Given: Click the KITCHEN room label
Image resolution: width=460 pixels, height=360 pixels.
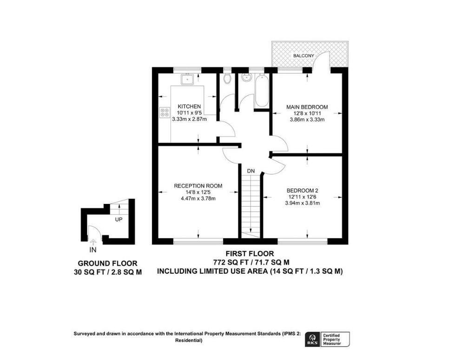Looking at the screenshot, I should tap(189, 106).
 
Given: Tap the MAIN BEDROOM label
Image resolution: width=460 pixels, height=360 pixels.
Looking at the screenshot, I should tap(307, 107).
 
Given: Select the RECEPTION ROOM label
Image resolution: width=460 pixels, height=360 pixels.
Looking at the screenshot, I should tap(198, 186).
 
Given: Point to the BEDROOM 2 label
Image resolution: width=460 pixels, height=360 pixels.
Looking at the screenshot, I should tap(302, 190).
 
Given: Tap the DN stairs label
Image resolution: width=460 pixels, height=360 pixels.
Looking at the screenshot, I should tap(251, 171).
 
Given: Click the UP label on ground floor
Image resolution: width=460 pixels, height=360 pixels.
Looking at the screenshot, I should tap(119, 219).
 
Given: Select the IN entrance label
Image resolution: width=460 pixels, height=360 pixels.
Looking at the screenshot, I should tap(93, 250).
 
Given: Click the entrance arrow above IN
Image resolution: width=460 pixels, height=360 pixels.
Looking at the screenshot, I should tap(93, 242).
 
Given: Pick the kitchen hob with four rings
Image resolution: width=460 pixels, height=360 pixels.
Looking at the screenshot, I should tap(164, 112).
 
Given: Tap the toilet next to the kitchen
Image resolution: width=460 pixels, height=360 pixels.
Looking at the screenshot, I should tap(227, 79).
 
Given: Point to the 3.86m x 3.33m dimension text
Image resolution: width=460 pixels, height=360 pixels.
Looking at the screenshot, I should tap(307, 119).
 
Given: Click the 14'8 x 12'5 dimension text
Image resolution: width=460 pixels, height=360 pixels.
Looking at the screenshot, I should tap(198, 192).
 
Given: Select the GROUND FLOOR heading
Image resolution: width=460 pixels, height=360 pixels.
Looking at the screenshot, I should tap(107, 263).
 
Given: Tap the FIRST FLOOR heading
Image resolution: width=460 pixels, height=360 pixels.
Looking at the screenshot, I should tap(250, 254).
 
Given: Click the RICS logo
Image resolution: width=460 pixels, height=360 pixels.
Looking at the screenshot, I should tap(312, 339).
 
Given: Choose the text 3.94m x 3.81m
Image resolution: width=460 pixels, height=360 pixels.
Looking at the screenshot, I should tap(302, 203).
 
